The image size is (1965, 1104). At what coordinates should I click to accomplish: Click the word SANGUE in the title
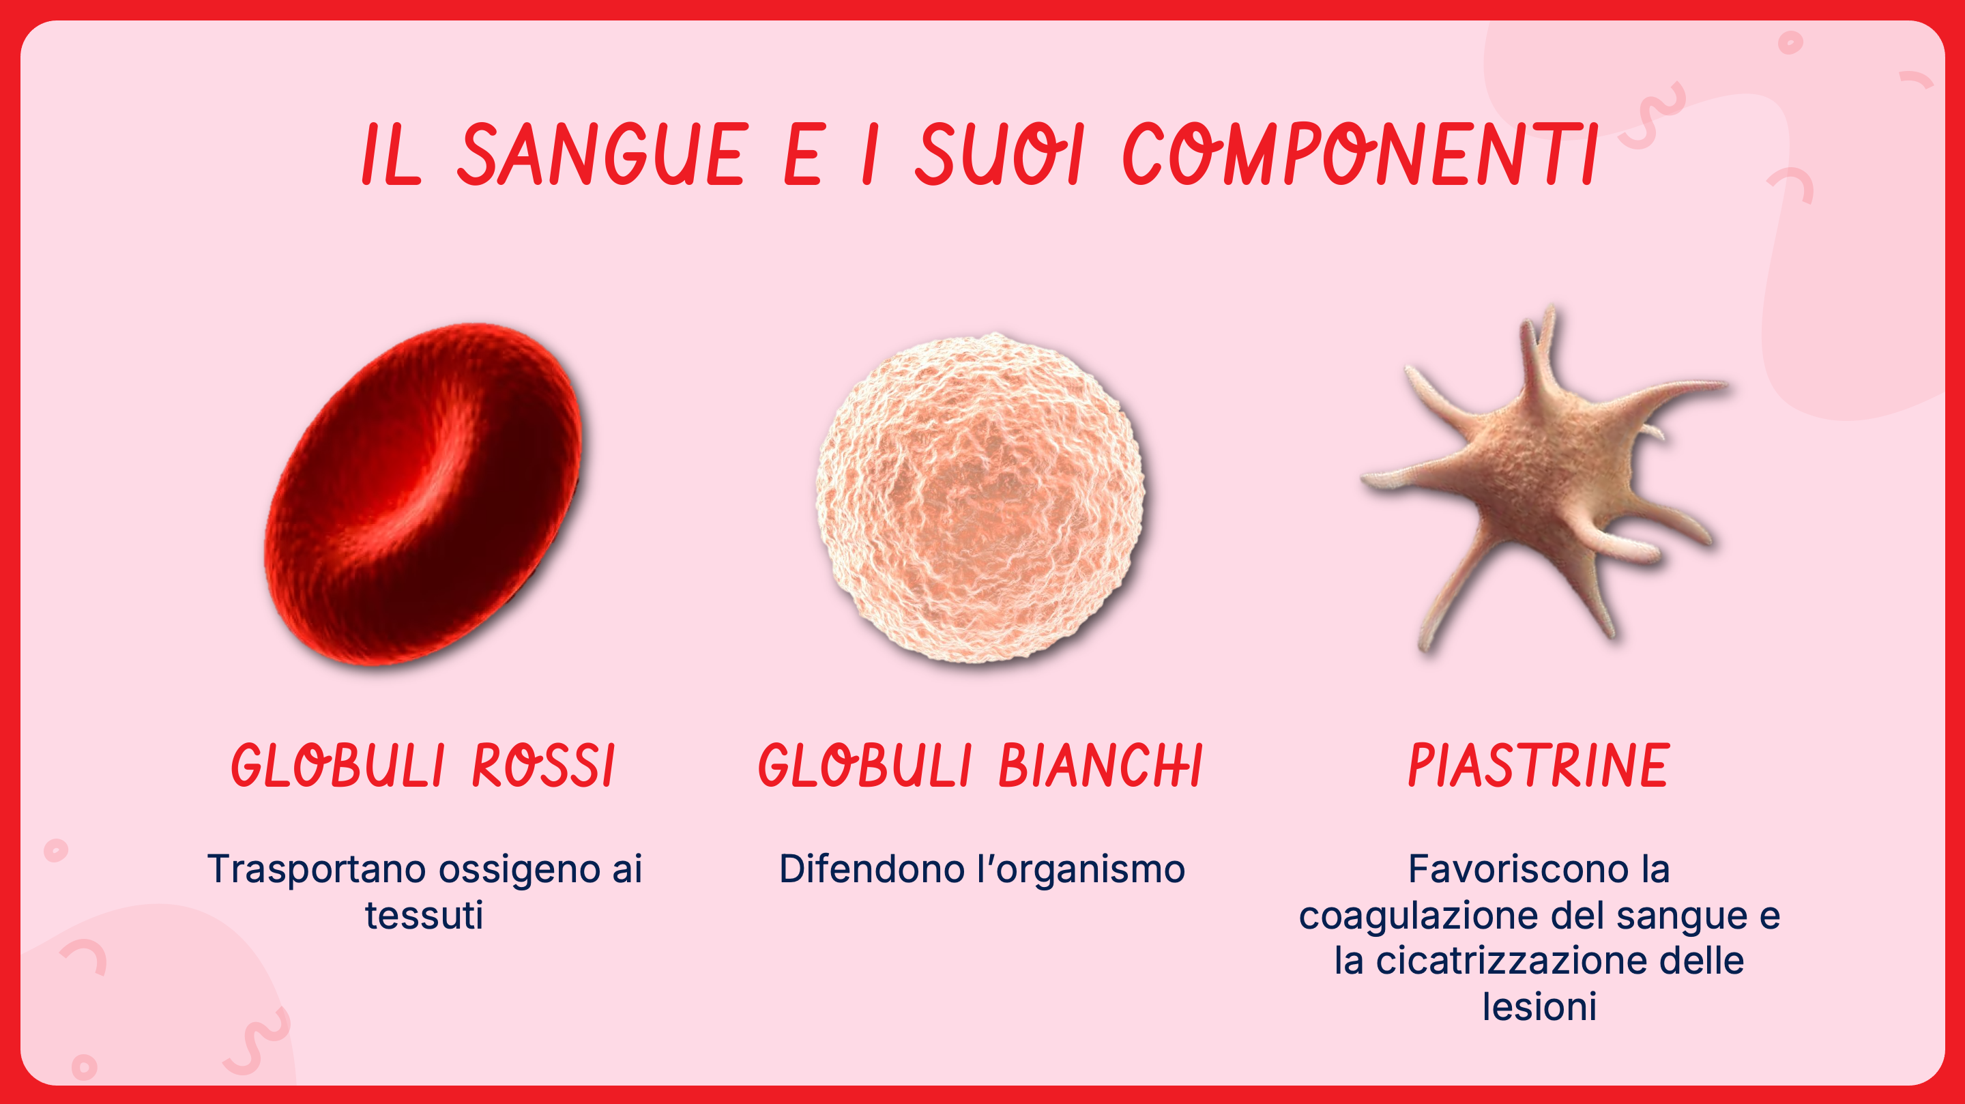(602, 154)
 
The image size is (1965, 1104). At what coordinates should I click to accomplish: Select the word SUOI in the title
(1000, 154)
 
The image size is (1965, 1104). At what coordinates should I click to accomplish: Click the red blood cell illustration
(422, 493)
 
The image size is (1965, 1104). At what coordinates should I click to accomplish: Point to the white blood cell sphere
(980, 497)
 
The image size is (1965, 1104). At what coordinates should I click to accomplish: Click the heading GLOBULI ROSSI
(423, 766)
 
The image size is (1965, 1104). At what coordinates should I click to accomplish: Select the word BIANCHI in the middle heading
(1101, 766)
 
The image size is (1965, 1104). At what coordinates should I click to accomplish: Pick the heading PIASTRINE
(1539, 766)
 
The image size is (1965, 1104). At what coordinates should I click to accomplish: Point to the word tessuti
(424, 915)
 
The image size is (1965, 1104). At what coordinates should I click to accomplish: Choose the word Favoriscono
(1518, 869)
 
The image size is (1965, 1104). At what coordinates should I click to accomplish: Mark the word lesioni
(1539, 1006)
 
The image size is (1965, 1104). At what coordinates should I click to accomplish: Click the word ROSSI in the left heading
(544, 766)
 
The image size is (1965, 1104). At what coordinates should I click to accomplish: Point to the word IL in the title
(390, 154)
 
